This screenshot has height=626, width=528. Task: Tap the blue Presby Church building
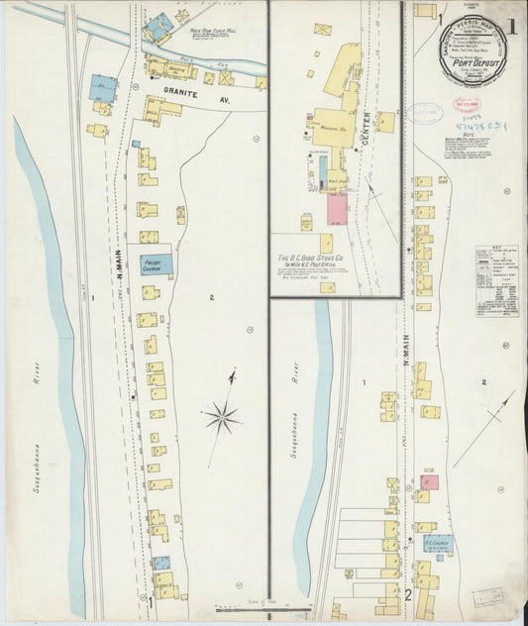point(158,263)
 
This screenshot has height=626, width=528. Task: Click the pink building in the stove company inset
point(338,209)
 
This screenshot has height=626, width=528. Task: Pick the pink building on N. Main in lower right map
point(430,482)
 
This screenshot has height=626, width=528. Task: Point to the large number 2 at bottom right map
point(407,595)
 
